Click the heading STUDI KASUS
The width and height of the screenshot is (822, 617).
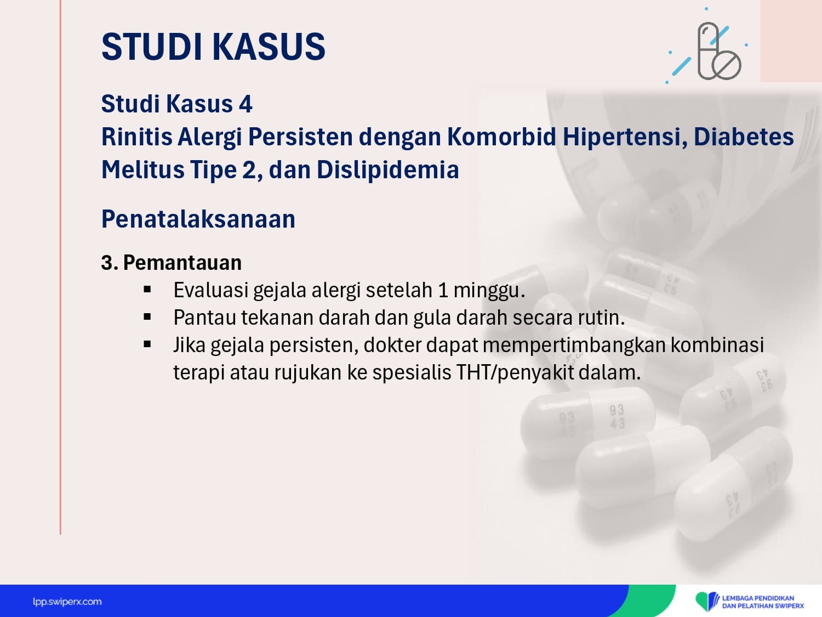point(214,47)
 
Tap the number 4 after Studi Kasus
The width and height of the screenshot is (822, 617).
point(246,104)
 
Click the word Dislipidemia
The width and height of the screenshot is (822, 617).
point(388,169)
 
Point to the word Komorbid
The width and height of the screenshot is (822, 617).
point(502,137)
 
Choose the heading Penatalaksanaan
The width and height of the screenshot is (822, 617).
point(198,219)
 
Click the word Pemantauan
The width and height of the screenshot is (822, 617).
point(182,263)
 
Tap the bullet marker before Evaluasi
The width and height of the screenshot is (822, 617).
point(147,289)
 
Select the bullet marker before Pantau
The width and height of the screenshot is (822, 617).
point(147,317)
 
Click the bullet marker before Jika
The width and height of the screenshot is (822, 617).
point(147,344)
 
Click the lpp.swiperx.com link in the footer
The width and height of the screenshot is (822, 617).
point(67,602)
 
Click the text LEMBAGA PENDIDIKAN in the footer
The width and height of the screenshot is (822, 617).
point(758,598)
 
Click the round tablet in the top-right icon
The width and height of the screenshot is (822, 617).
point(726,65)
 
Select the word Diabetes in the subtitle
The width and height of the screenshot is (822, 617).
point(744,137)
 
